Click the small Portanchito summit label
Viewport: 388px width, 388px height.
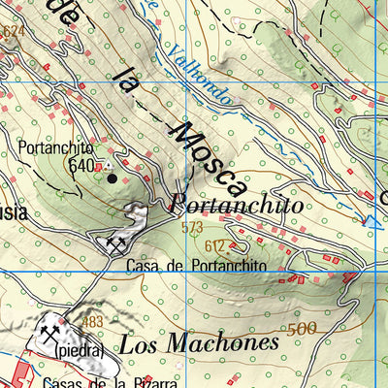pos(55,148)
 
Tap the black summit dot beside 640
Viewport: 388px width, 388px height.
pos(112,178)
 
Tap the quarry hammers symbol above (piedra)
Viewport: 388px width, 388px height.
pos(49,332)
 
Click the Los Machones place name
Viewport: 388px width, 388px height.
pos(199,342)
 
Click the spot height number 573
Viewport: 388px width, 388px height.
pos(191,228)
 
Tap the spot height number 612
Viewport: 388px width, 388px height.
pos(215,245)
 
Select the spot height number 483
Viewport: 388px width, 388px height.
pos(92,322)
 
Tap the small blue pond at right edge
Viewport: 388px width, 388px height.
pos(372,222)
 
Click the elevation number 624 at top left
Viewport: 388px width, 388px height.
pos(12,31)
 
